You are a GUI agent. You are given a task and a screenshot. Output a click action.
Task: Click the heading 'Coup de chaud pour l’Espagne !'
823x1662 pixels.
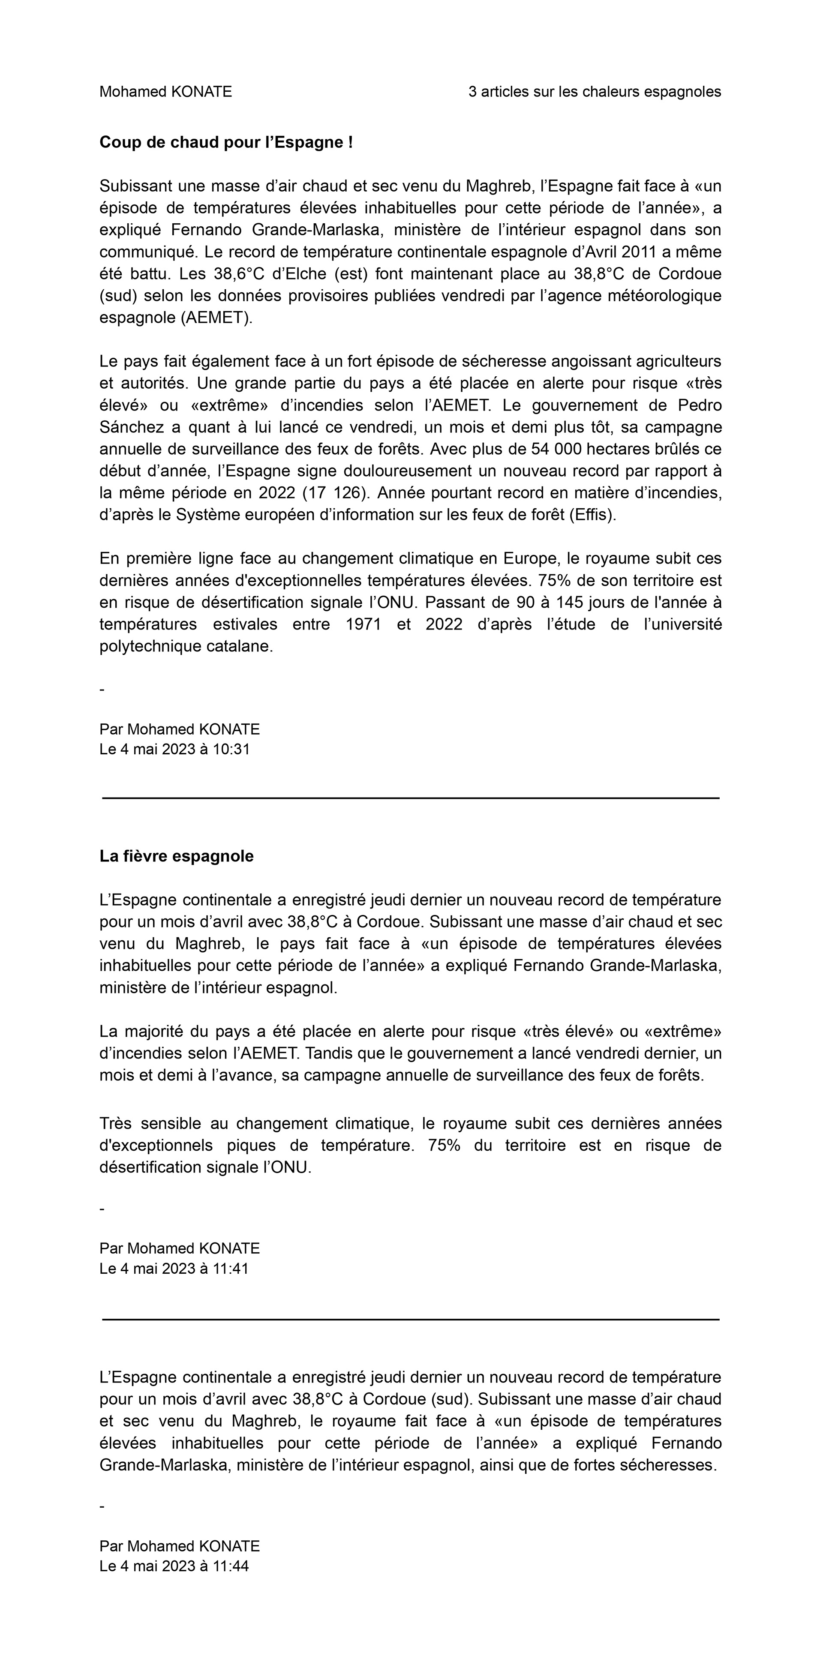coord(226,143)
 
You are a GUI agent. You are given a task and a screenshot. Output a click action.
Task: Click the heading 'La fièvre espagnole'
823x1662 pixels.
coord(176,856)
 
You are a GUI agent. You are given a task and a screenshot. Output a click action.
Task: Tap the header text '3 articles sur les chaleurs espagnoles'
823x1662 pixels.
coord(595,92)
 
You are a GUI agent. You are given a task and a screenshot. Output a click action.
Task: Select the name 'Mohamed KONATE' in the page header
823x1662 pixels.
coord(165,92)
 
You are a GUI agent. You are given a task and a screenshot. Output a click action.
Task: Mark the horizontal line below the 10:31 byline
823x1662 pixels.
coord(411,798)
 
